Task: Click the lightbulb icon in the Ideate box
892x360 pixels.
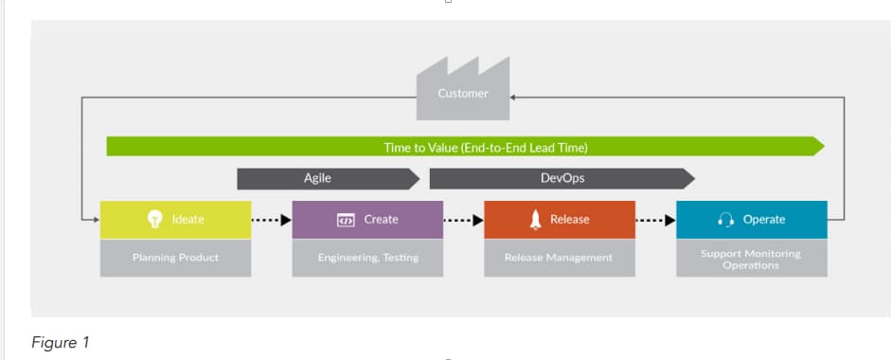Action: click(154, 220)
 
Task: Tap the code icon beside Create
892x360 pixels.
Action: click(346, 220)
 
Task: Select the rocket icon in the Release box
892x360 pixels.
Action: click(535, 220)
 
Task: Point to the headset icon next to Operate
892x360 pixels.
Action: click(726, 220)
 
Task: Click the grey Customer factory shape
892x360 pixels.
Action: click(462, 90)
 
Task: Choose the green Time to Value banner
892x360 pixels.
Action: click(465, 147)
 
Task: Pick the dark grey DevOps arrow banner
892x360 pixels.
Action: click(562, 178)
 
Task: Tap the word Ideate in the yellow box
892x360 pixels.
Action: click(187, 220)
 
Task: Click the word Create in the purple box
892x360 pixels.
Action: click(382, 220)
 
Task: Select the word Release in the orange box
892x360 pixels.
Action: click(569, 220)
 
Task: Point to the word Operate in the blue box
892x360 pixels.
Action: click(764, 220)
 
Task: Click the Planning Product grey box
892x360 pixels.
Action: click(175, 258)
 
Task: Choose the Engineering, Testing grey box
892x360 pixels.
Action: click(367, 258)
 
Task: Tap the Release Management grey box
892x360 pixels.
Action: click(560, 258)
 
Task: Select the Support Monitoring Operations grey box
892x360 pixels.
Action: click(752, 258)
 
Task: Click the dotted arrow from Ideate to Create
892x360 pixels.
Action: click(272, 220)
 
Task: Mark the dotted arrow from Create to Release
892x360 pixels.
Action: click(464, 220)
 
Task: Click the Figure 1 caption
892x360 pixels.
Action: click(61, 343)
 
